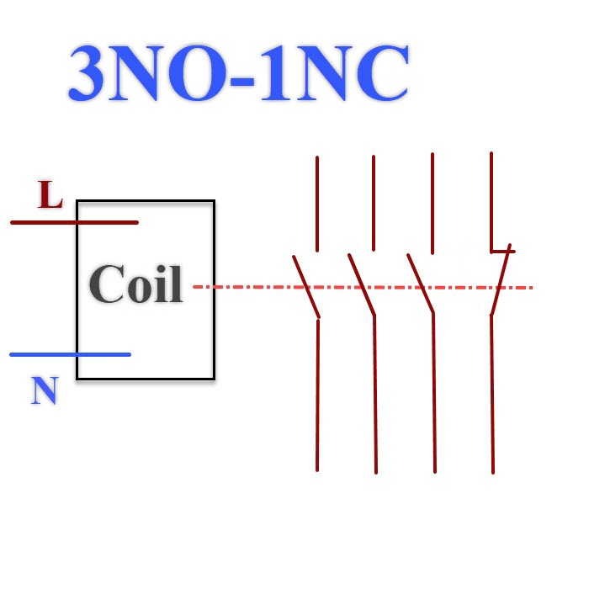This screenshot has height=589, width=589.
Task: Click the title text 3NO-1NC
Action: pyautogui.click(x=238, y=73)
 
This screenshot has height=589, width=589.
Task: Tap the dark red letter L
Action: pyautogui.click(x=50, y=194)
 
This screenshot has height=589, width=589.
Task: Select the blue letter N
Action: pyautogui.click(x=45, y=390)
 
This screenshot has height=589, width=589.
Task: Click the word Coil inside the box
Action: pyautogui.click(x=136, y=284)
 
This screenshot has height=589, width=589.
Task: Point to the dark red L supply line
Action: pyautogui.click(x=74, y=222)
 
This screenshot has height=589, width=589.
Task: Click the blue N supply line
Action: pyautogui.click(x=70, y=354)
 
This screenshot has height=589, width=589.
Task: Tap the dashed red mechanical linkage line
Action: pyautogui.click(x=363, y=288)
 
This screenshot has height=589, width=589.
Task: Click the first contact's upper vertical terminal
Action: pyautogui.click(x=317, y=204)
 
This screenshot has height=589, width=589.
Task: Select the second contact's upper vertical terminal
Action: pyautogui.click(x=374, y=203)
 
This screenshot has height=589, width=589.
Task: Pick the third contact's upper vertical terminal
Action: pyautogui.click(x=432, y=204)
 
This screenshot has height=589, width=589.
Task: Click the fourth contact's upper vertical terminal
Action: pyautogui.click(x=491, y=203)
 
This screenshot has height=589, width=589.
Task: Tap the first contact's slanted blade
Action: pyautogui.click(x=306, y=287)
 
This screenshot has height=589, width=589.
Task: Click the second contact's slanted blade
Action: pyautogui.click(x=362, y=284)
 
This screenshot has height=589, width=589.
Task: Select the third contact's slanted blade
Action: pyautogui.click(x=421, y=284)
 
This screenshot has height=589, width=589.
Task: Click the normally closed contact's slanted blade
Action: pyautogui.click(x=501, y=279)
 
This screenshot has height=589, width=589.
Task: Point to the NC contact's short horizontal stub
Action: pyautogui.click(x=503, y=252)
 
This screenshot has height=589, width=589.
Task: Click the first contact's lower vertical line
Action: pyautogui.click(x=318, y=395)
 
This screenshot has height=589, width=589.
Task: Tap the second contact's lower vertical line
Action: pyautogui.click(x=375, y=395)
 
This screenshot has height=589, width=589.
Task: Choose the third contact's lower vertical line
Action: pyautogui.click(x=434, y=393)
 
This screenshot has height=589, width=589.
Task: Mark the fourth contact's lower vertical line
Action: pyautogui.click(x=492, y=395)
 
